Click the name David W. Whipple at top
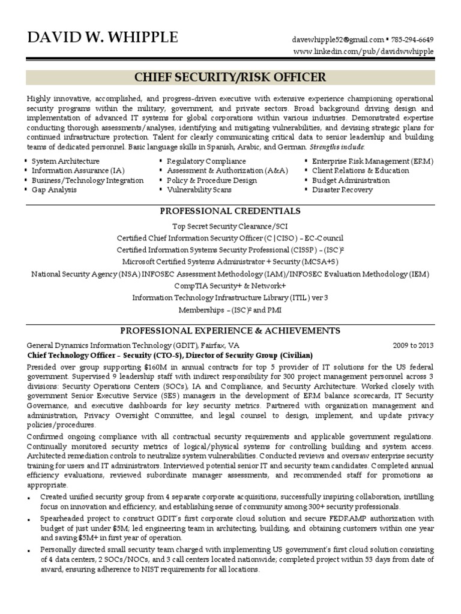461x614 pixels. (x=103, y=38)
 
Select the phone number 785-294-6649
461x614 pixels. (x=412, y=40)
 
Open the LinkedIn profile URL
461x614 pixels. (x=363, y=52)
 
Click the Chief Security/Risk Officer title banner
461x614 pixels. (x=230, y=77)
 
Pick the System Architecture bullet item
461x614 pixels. (x=65, y=161)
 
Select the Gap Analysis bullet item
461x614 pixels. (x=54, y=190)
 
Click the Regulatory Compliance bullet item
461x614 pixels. (x=206, y=161)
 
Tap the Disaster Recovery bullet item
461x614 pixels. (x=342, y=190)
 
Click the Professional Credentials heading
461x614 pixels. (x=230, y=211)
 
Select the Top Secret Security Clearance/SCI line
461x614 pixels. (x=230, y=227)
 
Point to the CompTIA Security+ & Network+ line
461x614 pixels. (x=230, y=286)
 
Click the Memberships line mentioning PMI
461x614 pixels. (x=230, y=310)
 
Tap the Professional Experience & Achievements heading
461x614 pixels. (x=230, y=330)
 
